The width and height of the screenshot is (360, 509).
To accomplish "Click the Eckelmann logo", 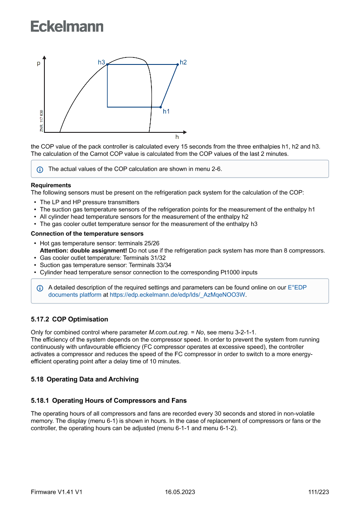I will (x=67, y=27).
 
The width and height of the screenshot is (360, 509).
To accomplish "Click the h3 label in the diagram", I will (x=101, y=62).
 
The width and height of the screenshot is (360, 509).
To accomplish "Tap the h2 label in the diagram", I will (x=183, y=62).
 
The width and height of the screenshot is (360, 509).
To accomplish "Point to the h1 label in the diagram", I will (x=166, y=111).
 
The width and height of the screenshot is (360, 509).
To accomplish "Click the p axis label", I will (x=38, y=64).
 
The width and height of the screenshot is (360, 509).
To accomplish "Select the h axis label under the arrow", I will (x=177, y=137).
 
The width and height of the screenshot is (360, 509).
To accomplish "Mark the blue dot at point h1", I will (x=161, y=107).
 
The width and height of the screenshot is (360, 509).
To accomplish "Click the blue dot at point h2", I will (x=178, y=64).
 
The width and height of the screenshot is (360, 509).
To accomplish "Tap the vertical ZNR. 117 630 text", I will (x=41, y=121).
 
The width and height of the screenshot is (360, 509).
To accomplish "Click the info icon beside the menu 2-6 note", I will (x=40, y=169).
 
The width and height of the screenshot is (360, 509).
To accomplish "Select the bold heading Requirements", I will (x=51, y=185).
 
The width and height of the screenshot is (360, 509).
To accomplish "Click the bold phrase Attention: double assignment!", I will (x=84, y=251).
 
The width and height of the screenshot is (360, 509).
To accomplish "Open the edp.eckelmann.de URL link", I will (x=177, y=295).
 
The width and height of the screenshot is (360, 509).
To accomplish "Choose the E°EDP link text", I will (x=300, y=288).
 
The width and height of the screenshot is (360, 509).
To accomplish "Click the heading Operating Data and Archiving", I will (x=92, y=379).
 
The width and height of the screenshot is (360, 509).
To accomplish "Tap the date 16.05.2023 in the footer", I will (x=180, y=492).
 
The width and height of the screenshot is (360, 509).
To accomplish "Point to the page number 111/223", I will (x=318, y=492).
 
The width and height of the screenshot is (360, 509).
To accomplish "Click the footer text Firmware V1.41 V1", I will (x=57, y=492).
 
